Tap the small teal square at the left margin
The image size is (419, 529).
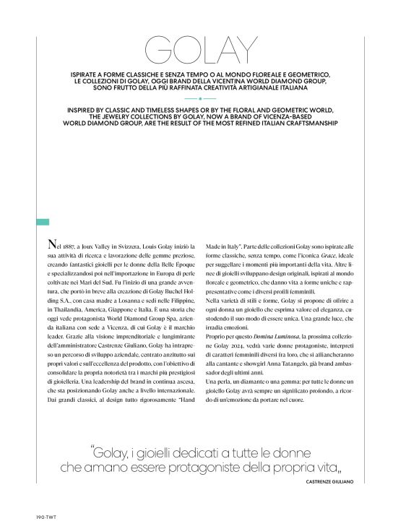[x=42, y=222]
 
